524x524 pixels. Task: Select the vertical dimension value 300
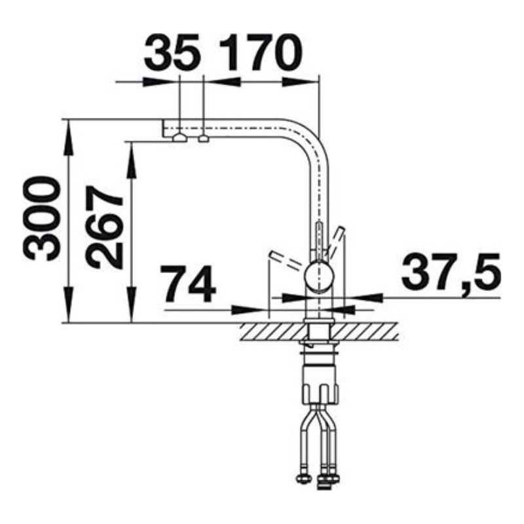tap(41, 219)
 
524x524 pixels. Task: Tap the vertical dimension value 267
tap(104, 227)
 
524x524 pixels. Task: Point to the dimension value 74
tap(188, 284)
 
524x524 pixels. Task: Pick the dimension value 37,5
tap(451, 271)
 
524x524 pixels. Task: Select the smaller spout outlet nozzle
tap(204, 138)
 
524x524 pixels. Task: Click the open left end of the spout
tap(163, 128)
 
